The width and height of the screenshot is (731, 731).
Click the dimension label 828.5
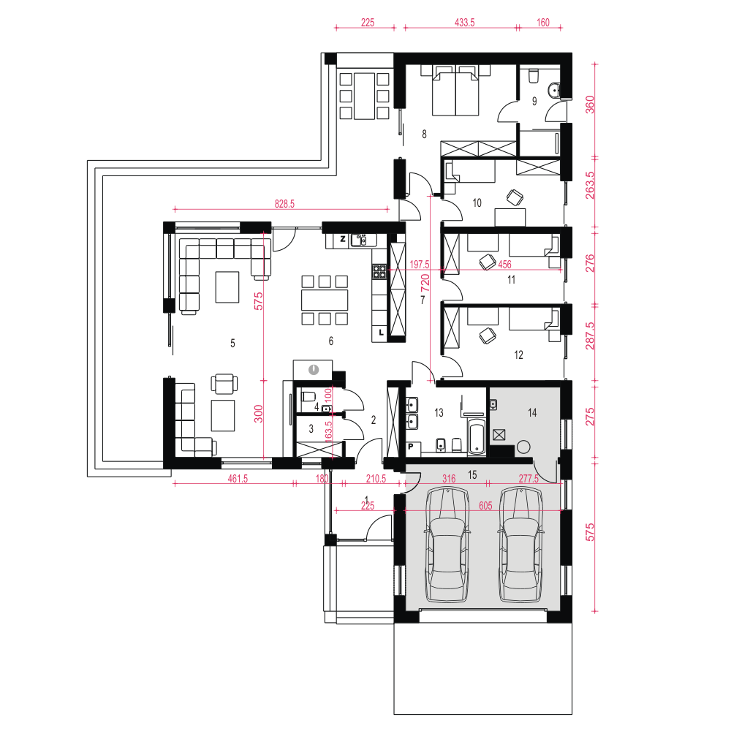[284, 204]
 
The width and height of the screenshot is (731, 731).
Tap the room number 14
[532, 412]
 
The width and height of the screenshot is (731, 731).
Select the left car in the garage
[447, 544]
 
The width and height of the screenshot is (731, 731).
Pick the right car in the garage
[520, 544]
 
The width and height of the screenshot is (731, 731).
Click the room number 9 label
[534, 101]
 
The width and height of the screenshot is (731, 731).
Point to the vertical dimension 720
[425, 284]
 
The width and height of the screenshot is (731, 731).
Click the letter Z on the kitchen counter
[343, 239]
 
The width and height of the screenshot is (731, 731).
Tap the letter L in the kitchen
[381, 333]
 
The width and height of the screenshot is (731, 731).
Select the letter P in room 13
[411, 447]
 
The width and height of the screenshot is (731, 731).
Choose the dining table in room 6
[325, 300]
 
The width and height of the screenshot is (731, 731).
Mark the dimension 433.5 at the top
[464, 23]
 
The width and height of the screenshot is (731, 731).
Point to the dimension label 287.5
[590, 336]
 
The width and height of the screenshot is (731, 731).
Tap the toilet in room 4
[308, 397]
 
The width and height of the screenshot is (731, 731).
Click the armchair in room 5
[224, 384]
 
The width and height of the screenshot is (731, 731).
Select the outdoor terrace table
[364, 96]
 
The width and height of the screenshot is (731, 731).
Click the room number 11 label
[511, 280]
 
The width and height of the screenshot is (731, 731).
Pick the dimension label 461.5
[238, 479]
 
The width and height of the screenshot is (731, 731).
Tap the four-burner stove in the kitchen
[379, 272]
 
